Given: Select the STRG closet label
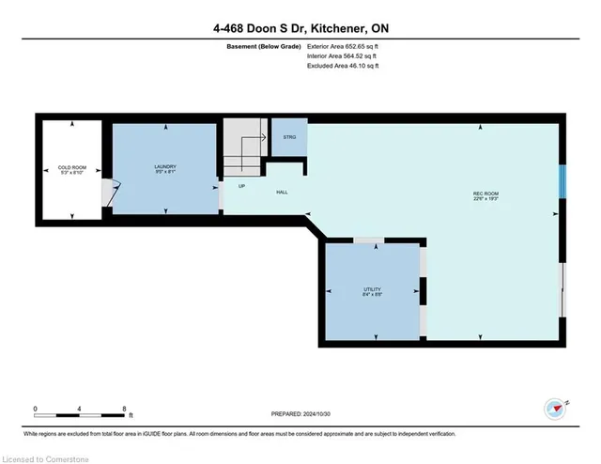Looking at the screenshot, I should pyautogui.click(x=288, y=138).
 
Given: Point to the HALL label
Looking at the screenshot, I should pyautogui.click(x=282, y=193).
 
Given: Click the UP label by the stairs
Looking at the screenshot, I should pyautogui.click(x=241, y=186).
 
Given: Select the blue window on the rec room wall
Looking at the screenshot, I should pyautogui.click(x=562, y=181).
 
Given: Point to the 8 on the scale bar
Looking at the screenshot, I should pyautogui.click(x=124, y=409).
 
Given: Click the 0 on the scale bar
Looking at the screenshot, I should pyautogui.click(x=35, y=409).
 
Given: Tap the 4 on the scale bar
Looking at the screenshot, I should pyautogui.click(x=80, y=409).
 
